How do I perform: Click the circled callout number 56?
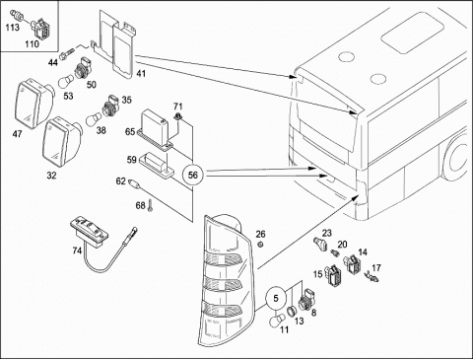point(193,175)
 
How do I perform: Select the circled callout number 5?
point(276,298)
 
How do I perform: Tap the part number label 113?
point(12,27)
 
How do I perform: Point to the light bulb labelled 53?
point(66,82)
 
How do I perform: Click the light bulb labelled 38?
point(94,118)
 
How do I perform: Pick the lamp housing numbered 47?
point(34,103)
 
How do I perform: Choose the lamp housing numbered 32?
point(61,142)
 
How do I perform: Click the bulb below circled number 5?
point(278,322)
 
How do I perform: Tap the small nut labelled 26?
point(260,245)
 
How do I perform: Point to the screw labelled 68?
point(151,206)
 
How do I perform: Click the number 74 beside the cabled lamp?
point(77,251)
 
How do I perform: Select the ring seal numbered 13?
point(291,312)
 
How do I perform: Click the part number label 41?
point(141,73)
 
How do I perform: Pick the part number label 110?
point(32,43)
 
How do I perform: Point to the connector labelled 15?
point(334,273)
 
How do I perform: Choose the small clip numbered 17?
point(372,276)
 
